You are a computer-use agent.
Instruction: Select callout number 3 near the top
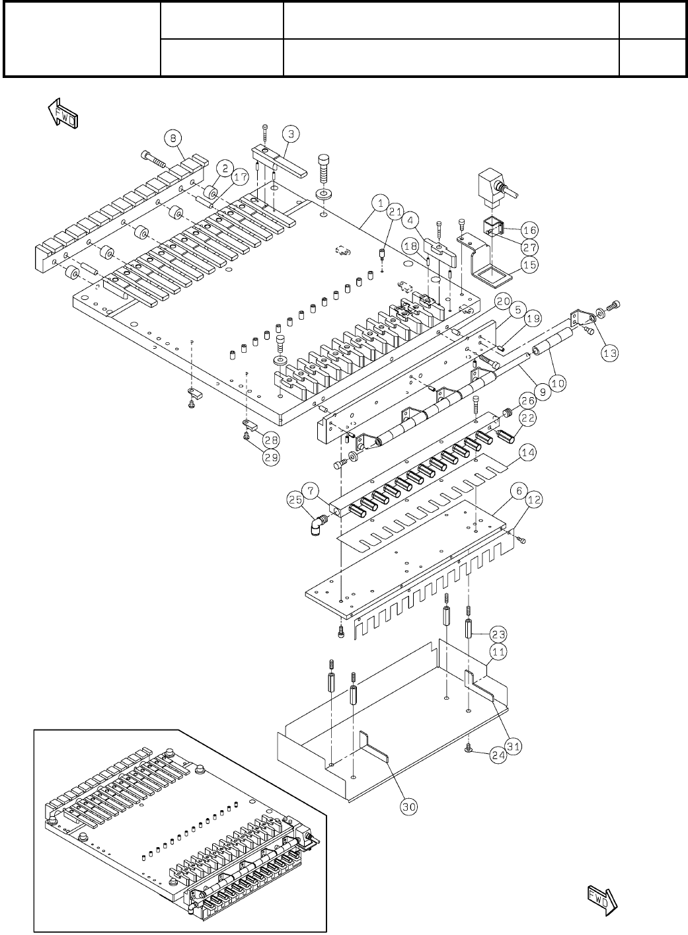pyautogui.click(x=291, y=133)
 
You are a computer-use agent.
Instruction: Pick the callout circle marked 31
pyautogui.click(x=513, y=746)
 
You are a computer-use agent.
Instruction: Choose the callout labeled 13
pyautogui.click(x=609, y=354)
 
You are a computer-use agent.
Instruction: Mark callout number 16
pyautogui.click(x=529, y=230)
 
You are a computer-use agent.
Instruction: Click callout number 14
pyautogui.click(x=527, y=453)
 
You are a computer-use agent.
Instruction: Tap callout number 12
pyautogui.click(x=533, y=501)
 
